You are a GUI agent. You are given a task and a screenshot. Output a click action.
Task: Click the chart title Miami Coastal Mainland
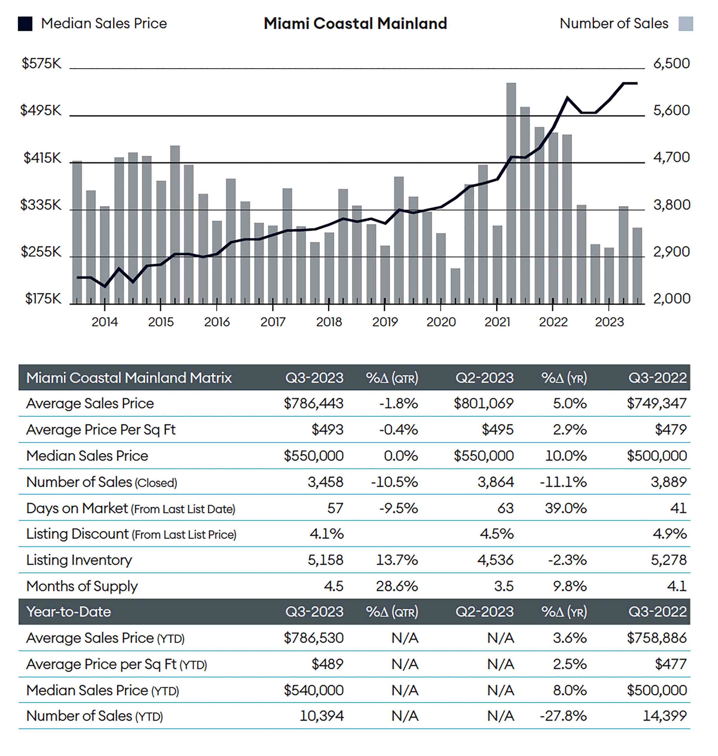(355, 23)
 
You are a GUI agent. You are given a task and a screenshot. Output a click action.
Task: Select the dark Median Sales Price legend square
(25, 24)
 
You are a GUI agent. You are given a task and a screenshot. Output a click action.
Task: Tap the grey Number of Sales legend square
(685, 24)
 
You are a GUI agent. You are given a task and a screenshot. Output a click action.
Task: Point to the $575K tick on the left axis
(41, 63)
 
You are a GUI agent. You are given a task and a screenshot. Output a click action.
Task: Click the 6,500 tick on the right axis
(671, 63)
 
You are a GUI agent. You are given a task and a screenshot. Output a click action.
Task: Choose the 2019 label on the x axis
(385, 322)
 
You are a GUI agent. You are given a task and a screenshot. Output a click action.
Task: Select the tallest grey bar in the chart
(511, 192)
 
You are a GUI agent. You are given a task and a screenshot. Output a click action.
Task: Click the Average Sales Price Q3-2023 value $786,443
(314, 403)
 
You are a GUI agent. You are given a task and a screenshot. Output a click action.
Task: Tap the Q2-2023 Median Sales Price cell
(483, 456)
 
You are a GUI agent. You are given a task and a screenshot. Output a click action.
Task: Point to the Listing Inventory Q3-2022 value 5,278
(669, 560)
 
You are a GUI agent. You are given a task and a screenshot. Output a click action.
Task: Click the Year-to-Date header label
(69, 612)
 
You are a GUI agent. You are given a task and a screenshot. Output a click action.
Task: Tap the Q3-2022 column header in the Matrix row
(657, 378)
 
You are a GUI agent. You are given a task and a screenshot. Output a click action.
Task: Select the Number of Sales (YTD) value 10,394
(322, 716)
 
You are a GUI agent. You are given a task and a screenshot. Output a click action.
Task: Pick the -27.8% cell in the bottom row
(563, 716)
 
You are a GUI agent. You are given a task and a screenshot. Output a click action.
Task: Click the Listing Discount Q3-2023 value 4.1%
(326, 534)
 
